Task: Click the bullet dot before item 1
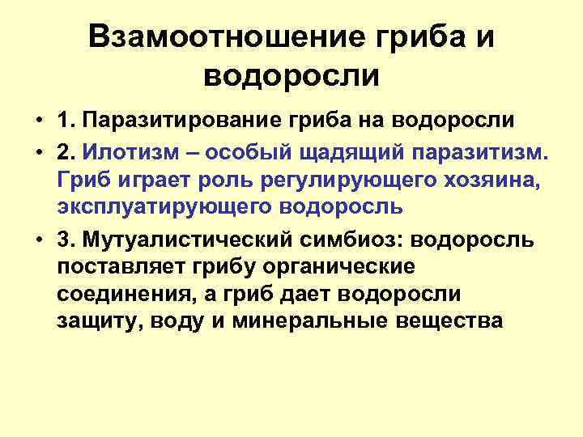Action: pyautogui.click(x=39, y=121)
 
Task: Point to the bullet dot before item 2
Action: pyautogui.click(x=39, y=151)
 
